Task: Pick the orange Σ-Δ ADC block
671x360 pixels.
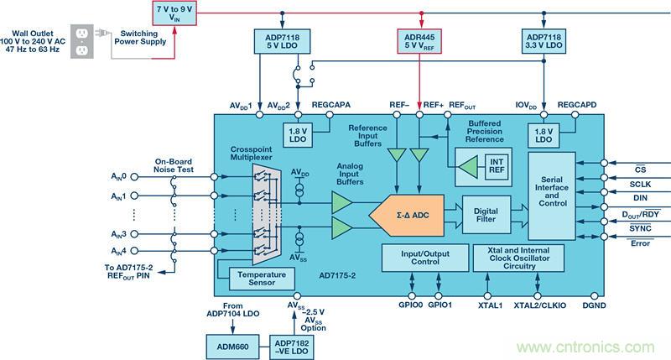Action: [x=405, y=214]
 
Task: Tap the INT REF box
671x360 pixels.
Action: [x=497, y=165]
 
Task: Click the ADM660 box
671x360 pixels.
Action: [x=231, y=344]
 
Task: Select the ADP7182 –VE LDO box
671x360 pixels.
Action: [x=293, y=344]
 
